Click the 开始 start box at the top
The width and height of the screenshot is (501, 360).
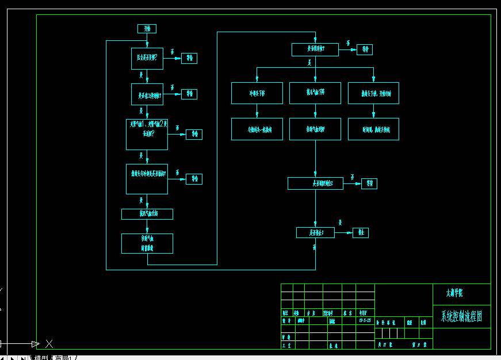pos(147,29)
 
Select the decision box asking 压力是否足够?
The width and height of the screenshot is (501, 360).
pos(147,58)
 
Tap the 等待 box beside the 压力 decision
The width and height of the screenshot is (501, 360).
pos(189,58)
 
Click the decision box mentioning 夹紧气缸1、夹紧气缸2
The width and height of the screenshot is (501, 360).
pos(147,135)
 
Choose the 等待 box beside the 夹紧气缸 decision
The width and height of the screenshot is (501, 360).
pos(194,134)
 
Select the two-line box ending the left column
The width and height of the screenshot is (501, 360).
pos(147,243)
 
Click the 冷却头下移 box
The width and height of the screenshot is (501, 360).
pos(257,93)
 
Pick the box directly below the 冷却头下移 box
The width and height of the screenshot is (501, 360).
pos(257,129)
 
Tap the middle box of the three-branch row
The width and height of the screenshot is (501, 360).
pos(315,93)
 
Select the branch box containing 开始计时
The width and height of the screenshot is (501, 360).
pos(373,93)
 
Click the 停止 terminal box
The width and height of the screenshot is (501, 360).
pos(361,233)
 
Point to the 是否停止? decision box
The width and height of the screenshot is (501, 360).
pos(315,233)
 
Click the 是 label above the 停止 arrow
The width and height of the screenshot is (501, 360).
pos(341,223)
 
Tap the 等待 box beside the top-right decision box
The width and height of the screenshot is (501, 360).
pos(365,49)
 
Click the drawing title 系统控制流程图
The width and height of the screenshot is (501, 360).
pos(461,316)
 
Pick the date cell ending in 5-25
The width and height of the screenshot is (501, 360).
pos(365,320)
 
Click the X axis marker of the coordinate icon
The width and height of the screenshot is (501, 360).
pos(49,344)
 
